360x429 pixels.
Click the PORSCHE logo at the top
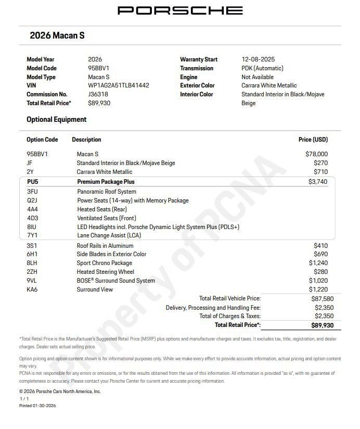click(x=180, y=10)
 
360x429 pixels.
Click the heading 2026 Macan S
click(x=57, y=36)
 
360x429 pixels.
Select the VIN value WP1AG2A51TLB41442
click(x=119, y=85)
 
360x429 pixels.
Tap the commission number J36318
click(x=98, y=94)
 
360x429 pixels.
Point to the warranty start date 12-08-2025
click(x=258, y=59)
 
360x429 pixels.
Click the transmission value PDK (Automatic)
click(x=262, y=68)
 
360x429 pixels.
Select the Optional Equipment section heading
click(x=57, y=120)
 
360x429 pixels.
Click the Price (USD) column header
click(x=313, y=140)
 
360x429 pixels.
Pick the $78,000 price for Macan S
click(x=316, y=154)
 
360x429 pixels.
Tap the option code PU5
click(x=33, y=182)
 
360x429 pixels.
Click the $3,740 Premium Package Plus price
click(x=318, y=182)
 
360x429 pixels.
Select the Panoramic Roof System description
click(x=107, y=192)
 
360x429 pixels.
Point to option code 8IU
click(x=32, y=227)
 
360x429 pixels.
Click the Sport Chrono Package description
click(x=105, y=263)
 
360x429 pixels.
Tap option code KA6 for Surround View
click(x=32, y=289)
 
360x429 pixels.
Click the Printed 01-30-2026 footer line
click(x=37, y=406)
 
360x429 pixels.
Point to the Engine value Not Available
click(x=258, y=77)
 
